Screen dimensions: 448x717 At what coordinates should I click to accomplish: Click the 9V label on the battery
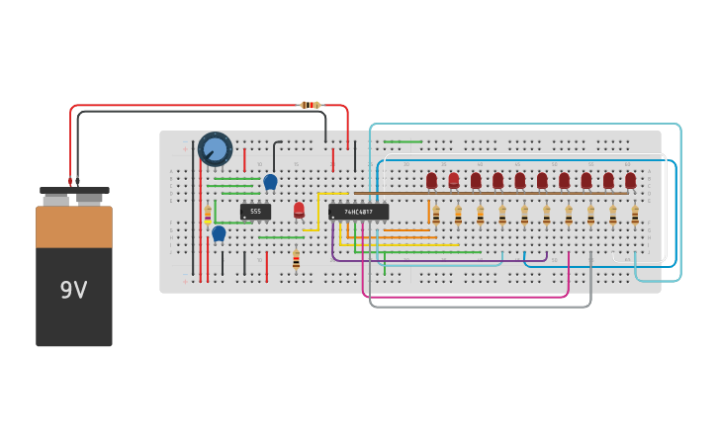pyautogui.click(x=73, y=291)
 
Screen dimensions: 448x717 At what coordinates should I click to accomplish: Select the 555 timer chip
pyautogui.click(x=255, y=211)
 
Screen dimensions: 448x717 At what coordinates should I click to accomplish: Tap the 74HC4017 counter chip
pyautogui.click(x=358, y=212)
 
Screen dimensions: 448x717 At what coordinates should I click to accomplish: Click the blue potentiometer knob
pyautogui.click(x=215, y=149)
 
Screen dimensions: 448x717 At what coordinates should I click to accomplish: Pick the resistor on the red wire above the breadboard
pyautogui.click(x=310, y=105)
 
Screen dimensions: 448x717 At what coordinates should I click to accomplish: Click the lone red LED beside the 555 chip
pyautogui.click(x=299, y=210)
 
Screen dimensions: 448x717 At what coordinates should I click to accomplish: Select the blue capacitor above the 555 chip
pyautogui.click(x=270, y=181)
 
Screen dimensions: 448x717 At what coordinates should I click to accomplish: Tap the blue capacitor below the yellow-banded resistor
pyautogui.click(x=219, y=233)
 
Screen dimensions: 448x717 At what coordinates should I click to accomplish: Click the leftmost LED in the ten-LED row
pyautogui.click(x=431, y=180)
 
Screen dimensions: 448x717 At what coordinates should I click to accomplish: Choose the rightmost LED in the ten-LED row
pyautogui.click(x=630, y=180)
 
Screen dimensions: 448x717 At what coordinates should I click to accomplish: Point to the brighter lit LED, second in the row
pyautogui.click(x=454, y=180)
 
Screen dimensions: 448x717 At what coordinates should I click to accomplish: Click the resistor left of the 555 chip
pyautogui.click(x=208, y=214)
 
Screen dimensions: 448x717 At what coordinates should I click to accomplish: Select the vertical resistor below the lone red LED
pyautogui.click(x=296, y=259)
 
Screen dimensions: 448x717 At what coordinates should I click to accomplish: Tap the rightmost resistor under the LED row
pyautogui.click(x=635, y=215)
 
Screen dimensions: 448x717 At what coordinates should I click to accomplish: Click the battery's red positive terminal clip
pyautogui.click(x=70, y=182)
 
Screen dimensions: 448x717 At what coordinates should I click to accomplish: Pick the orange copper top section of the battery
pyautogui.click(x=74, y=226)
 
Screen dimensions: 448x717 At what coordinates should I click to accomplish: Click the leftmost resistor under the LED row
pyautogui.click(x=436, y=215)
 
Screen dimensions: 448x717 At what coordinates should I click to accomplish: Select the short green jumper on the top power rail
pyautogui.click(x=403, y=141)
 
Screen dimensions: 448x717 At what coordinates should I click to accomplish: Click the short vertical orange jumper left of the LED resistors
pyautogui.click(x=429, y=212)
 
